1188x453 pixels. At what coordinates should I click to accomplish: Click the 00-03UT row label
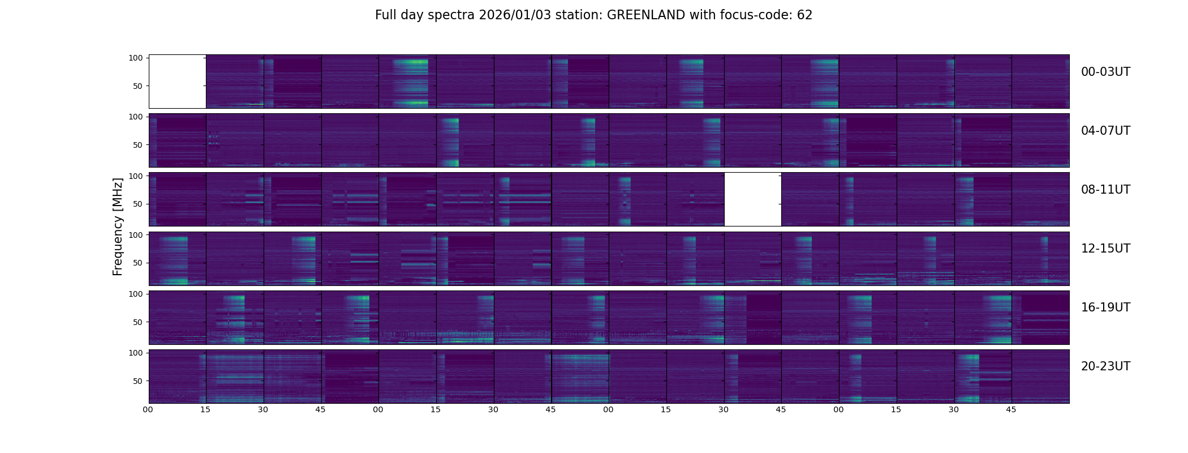point(1105,72)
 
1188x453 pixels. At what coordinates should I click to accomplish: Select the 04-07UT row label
point(1105,131)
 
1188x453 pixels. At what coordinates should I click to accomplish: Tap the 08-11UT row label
point(1105,190)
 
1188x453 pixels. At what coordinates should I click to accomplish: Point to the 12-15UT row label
point(1105,249)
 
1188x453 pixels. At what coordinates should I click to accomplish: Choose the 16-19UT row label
point(1105,307)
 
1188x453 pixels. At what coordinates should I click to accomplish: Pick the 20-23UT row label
point(1105,366)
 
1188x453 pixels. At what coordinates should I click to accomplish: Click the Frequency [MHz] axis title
point(118,226)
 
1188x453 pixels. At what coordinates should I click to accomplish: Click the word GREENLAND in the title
point(646,15)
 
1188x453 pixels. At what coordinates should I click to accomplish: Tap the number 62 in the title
point(804,15)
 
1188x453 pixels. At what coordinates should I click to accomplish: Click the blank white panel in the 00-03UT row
point(177,82)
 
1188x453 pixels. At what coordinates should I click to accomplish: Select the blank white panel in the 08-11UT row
point(752,199)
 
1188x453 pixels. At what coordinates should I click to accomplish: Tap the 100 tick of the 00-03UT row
point(136,58)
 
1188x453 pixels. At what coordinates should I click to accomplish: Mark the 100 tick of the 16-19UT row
point(136,294)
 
